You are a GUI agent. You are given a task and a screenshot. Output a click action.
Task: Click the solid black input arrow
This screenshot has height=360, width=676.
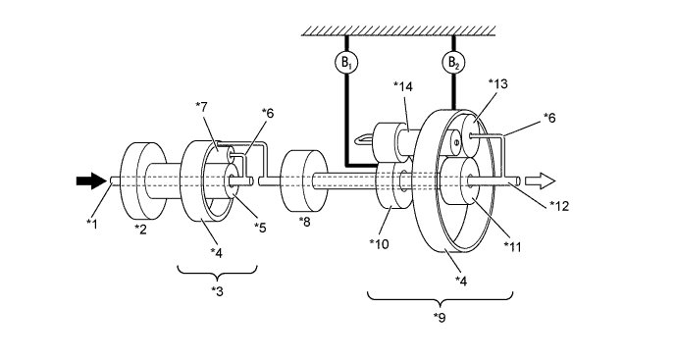(91, 180)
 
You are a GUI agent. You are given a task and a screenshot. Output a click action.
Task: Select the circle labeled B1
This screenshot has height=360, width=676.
(346, 63)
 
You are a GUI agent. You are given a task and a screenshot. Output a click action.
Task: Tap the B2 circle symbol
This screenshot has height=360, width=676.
(453, 63)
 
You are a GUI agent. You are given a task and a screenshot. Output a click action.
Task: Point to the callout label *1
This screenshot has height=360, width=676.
(92, 224)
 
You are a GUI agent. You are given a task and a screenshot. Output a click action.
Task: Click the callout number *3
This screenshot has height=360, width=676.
(217, 291)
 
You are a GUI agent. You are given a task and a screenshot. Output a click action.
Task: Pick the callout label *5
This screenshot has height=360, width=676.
(260, 227)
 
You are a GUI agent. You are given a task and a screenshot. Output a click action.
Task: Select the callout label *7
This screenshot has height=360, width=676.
(202, 106)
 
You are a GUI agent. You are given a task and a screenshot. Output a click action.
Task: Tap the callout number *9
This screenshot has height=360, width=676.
(440, 317)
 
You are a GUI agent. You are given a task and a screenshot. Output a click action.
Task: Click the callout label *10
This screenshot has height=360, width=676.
(379, 244)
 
